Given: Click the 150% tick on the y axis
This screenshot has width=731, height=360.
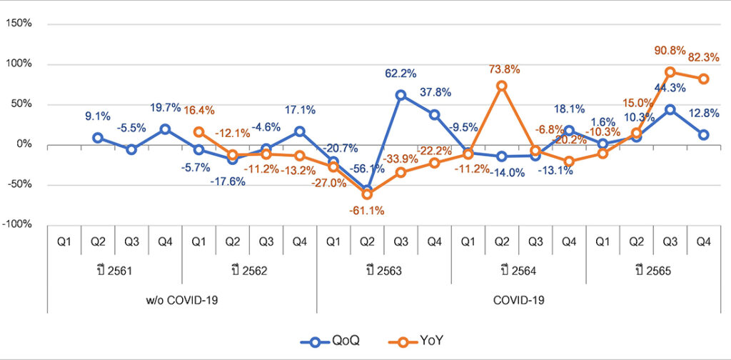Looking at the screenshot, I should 20,24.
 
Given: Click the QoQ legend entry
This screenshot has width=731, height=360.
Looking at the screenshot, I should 333,341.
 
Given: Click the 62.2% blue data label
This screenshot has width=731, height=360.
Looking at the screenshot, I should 401,74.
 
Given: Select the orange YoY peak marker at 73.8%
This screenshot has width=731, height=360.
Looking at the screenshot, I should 502,86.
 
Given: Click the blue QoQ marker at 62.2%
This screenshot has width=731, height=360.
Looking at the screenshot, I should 401,95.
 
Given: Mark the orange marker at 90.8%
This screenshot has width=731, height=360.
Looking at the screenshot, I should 670,72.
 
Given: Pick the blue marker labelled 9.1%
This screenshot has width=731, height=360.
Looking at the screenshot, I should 98,138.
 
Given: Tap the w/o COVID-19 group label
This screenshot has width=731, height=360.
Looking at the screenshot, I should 182,300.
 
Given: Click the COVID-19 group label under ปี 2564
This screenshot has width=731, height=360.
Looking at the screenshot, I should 519,300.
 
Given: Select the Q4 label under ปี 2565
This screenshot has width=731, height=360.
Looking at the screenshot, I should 703,241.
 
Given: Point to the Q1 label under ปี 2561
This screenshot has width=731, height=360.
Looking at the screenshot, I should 64,241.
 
